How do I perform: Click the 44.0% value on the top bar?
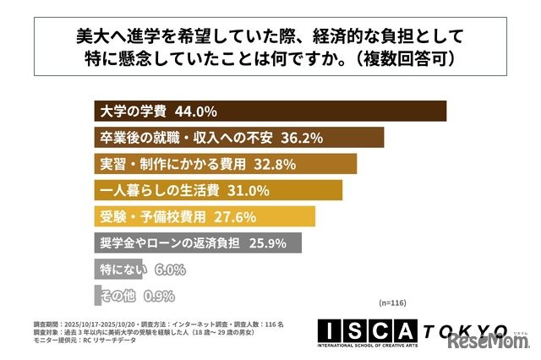[x=197, y=112]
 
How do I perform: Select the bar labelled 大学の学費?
[x=338, y=112]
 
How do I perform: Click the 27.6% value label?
[x=234, y=216]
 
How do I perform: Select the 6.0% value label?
[x=171, y=270]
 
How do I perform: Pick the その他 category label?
[x=117, y=296]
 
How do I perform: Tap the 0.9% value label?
[x=159, y=296]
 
